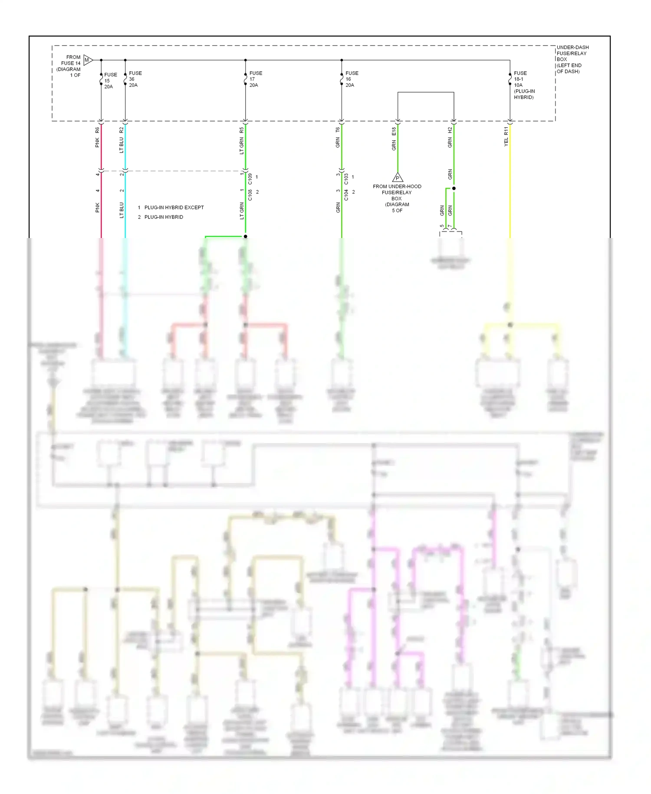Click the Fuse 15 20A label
[x=110, y=81]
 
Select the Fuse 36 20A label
[x=135, y=79]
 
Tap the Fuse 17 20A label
[x=255, y=79]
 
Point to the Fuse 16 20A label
[x=351, y=79]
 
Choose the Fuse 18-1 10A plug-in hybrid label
[x=524, y=85]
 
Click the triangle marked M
[x=87, y=60]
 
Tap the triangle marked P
[x=398, y=178]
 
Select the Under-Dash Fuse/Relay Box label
[x=572, y=59]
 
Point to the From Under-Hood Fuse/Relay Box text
[x=397, y=198]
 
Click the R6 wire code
[x=97, y=130]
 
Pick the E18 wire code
[x=394, y=131]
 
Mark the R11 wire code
[x=506, y=130]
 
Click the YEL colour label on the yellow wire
[x=506, y=142]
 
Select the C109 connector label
[x=250, y=179]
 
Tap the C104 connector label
[x=346, y=195]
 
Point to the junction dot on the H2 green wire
[x=454, y=189]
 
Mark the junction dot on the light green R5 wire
[x=245, y=236]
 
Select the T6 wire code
[x=338, y=130]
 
